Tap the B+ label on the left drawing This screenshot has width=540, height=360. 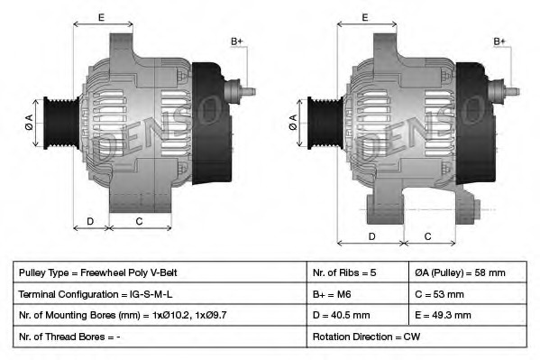click(237, 42)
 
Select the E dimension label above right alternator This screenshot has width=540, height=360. click(365, 17)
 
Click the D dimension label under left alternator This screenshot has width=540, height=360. click(90, 221)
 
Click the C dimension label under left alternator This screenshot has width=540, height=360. click(139, 221)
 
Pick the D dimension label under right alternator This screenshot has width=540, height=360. click(372, 236)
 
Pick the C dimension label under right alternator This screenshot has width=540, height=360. click(427, 236)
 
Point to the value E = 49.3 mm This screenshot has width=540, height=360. click(469, 316)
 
